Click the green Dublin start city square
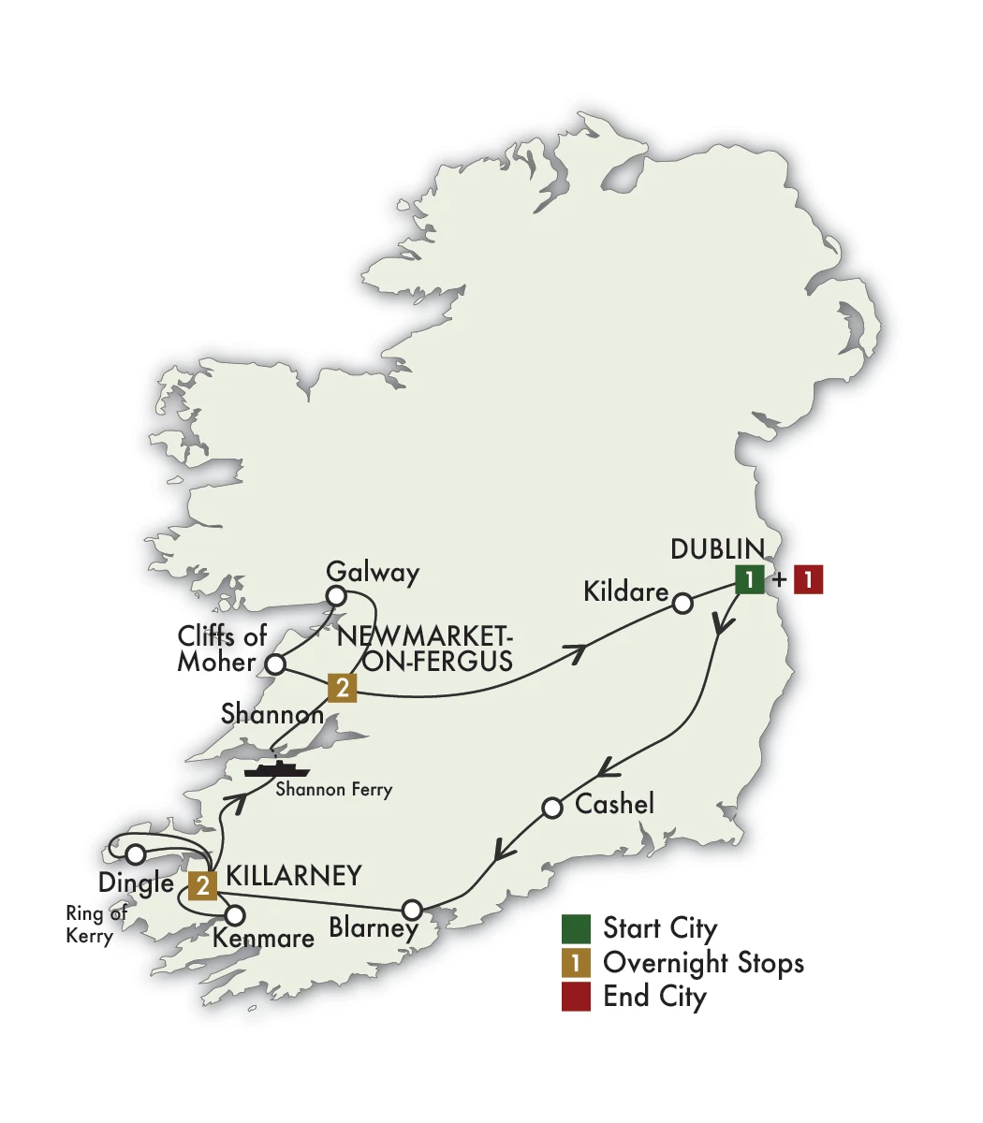coord(749,579)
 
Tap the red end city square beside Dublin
coord(808,579)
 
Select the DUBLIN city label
coord(717,548)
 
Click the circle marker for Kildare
coord(683,604)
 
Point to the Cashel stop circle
coord(552,807)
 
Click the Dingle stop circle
coord(136,853)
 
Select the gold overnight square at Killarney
coord(202,884)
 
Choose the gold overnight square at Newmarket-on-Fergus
coord(343,689)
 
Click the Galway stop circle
coord(335,596)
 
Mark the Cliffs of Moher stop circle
coord(275,664)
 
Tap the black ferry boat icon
coord(276,768)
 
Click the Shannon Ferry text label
coord(334,790)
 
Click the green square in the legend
coord(576,929)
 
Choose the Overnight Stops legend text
coord(703,962)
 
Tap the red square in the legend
coord(576,997)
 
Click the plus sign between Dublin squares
coord(779,580)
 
